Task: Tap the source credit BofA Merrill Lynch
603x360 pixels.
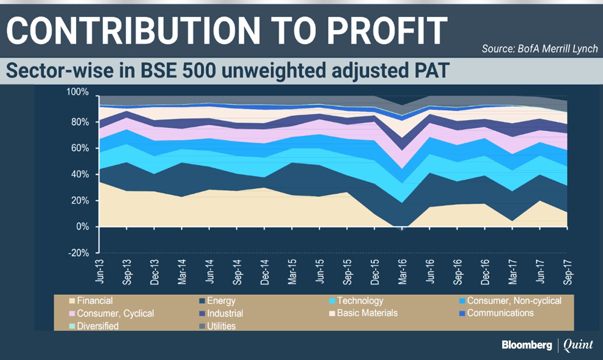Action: pyautogui.click(x=540, y=49)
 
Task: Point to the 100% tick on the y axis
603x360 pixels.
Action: pyautogui.click(x=78, y=92)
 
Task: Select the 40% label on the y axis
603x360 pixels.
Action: pyautogui.click(x=80, y=175)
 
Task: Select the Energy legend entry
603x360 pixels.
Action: pyautogui.click(x=221, y=301)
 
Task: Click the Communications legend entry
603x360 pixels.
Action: pyautogui.click(x=500, y=313)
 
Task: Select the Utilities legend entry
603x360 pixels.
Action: pyautogui.click(x=221, y=326)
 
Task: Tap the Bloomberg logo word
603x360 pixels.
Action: pyautogui.click(x=527, y=345)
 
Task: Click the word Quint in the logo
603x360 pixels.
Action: pyautogui.click(x=578, y=345)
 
